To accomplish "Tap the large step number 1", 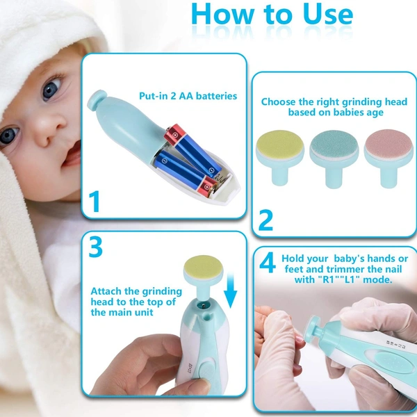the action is pos(95,201).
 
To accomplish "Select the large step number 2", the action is pos(265,220).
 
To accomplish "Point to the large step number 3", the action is pos(95,247).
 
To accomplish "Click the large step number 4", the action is pos(268,263).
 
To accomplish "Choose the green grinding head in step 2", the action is pos(334,159).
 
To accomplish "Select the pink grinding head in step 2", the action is pos(389,158).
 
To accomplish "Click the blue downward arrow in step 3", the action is pos(230,291).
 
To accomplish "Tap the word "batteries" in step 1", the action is pos(216,96).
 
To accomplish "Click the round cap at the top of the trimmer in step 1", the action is pos(97,101).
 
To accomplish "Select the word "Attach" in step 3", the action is pos(106,291).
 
